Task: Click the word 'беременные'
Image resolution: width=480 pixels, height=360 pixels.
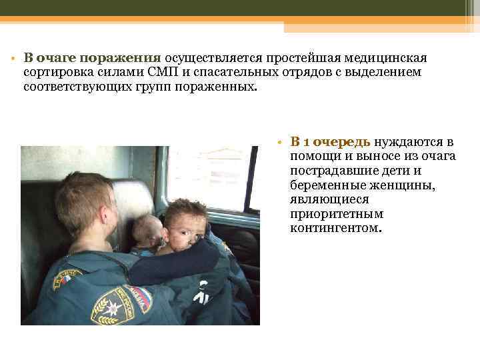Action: tap(323, 185)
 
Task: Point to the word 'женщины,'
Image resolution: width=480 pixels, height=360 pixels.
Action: tap(406, 185)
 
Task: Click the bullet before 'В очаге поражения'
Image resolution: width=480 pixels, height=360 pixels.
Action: tap(13, 57)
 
